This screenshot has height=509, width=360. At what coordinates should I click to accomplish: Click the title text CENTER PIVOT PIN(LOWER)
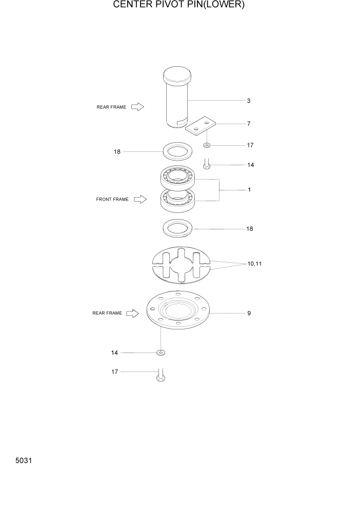(x=179, y=6)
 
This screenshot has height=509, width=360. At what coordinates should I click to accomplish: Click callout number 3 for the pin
(x=249, y=101)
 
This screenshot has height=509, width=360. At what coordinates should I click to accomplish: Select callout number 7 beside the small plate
(x=249, y=124)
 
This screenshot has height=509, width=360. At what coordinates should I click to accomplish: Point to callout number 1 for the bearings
(x=249, y=190)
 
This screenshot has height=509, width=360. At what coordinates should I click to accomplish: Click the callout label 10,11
(x=254, y=264)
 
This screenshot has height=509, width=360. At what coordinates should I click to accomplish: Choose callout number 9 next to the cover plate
(x=249, y=313)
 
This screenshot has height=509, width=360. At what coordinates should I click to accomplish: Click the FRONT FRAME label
(x=112, y=199)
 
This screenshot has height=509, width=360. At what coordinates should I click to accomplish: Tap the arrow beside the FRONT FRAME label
(x=141, y=199)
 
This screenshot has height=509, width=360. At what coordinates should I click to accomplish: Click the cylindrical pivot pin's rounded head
(x=177, y=75)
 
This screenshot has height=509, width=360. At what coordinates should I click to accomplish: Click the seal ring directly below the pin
(x=177, y=152)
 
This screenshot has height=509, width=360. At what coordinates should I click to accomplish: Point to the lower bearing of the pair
(x=177, y=200)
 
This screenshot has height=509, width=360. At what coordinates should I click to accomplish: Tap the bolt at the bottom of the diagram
(x=161, y=377)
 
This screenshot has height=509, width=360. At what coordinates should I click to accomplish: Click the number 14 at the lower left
(x=115, y=353)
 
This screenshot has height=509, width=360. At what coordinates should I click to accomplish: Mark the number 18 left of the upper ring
(x=117, y=152)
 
